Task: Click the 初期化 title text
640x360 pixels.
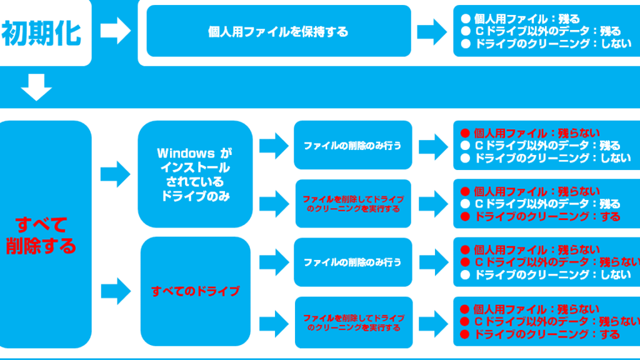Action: click(41, 32)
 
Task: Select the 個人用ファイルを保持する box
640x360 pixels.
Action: click(278, 31)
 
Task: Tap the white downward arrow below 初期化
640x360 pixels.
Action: click(36, 87)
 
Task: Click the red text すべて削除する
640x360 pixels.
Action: click(41, 235)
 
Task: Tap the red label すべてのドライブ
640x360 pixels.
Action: click(196, 291)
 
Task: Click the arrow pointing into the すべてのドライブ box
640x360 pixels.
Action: click(115, 290)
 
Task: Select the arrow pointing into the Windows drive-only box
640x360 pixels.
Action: click(115, 173)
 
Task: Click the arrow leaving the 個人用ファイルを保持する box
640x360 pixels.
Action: click(432, 31)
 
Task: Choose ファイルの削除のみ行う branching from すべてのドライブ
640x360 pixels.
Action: click(352, 262)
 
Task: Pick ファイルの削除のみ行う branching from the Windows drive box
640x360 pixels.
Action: click(352, 145)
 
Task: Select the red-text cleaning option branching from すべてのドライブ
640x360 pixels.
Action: click(353, 322)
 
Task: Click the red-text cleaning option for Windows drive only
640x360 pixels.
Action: click(353, 204)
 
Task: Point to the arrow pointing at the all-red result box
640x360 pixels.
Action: click(433, 322)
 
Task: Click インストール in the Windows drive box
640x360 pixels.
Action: click(195, 167)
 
